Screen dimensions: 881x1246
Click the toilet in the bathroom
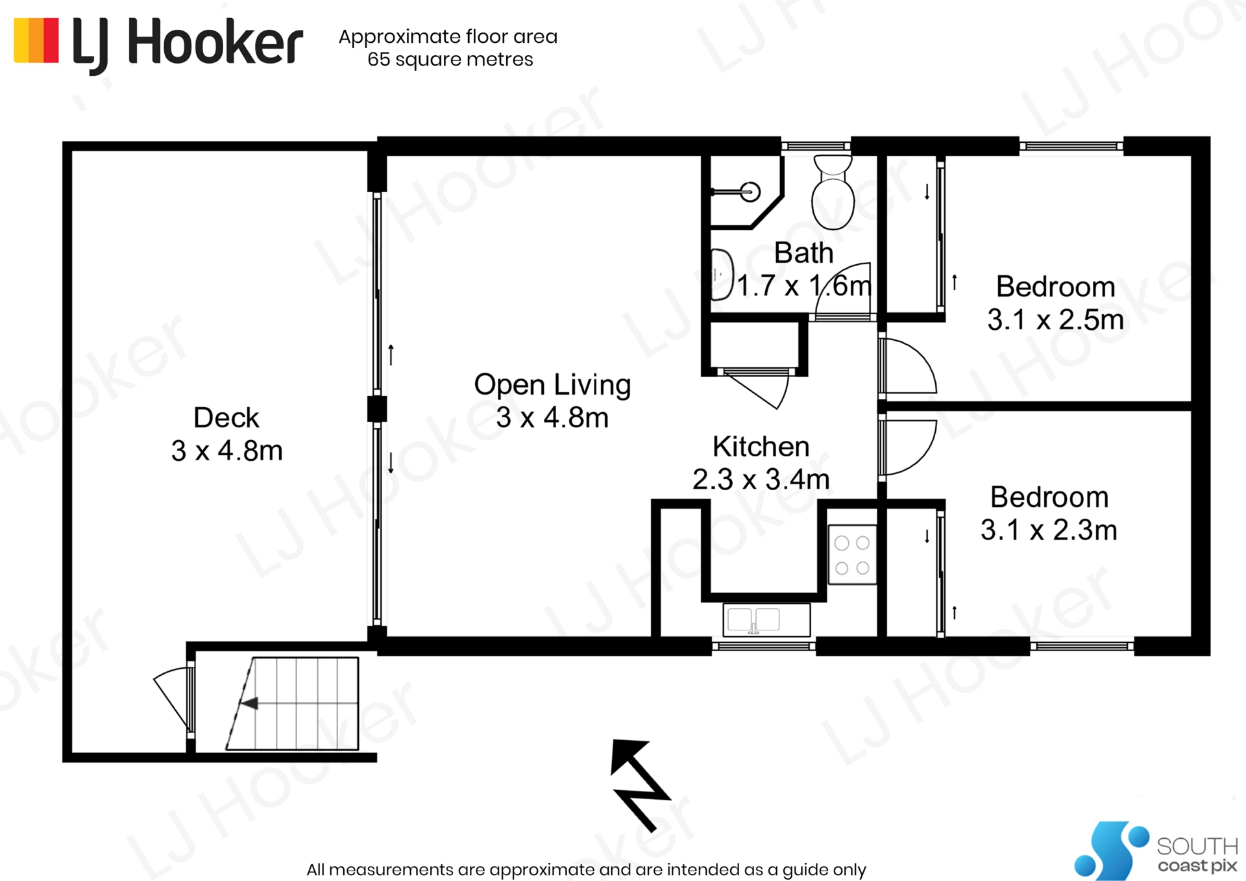(833, 195)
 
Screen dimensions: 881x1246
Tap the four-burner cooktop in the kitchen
(852, 554)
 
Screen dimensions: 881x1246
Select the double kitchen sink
(766, 620)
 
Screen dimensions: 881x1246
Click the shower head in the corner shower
(751, 192)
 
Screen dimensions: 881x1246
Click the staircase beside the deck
(299, 704)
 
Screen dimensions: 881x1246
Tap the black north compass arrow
(639, 783)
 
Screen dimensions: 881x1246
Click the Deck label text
(226, 417)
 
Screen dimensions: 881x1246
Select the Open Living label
(552, 385)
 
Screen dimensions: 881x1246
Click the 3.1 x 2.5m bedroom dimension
(1055, 320)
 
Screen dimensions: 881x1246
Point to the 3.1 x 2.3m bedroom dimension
(1049, 530)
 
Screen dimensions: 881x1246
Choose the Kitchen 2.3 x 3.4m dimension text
(761, 480)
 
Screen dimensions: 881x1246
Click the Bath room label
(803, 253)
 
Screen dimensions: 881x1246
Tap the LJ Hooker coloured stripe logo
(36, 40)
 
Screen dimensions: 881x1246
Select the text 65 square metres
(450, 60)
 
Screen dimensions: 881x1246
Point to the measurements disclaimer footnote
(586, 869)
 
